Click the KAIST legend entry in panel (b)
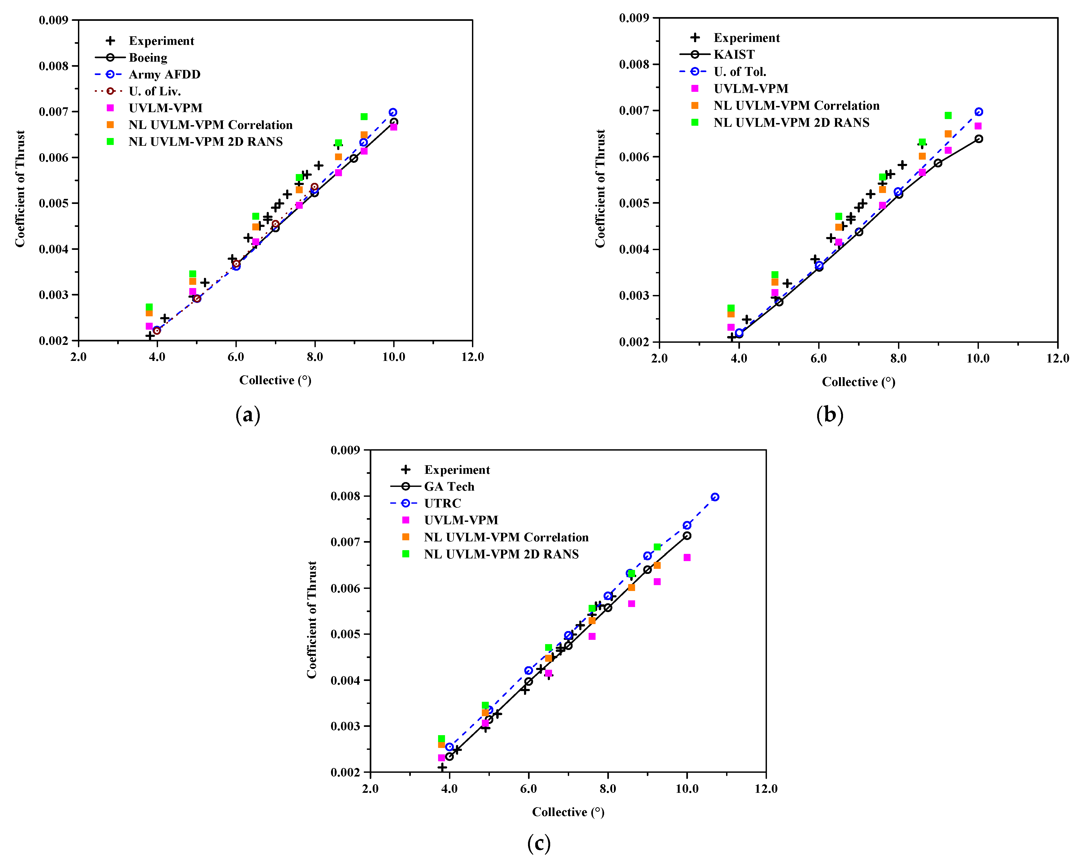[733, 54]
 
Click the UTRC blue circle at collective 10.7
[715, 497]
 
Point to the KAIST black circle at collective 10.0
[978, 139]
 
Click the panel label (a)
[248, 415]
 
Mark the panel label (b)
[829, 415]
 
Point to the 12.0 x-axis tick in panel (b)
[1057, 358]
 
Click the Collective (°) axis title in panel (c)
[568, 812]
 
